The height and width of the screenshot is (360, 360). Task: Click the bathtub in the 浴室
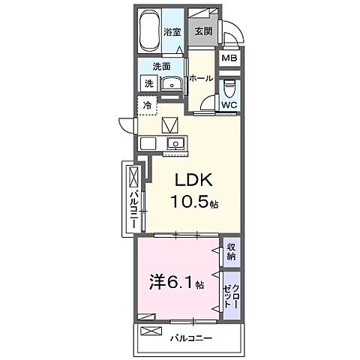[149, 31]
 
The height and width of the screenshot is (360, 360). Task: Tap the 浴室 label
[172, 32]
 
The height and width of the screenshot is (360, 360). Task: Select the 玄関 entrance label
[203, 31]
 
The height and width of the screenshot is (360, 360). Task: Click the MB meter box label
[229, 58]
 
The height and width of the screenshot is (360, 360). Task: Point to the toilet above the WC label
[229, 88]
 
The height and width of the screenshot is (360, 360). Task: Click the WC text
[229, 105]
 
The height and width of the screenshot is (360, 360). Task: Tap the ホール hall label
[201, 79]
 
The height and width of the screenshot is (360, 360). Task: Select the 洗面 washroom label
[161, 67]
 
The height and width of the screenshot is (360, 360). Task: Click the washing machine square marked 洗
[148, 83]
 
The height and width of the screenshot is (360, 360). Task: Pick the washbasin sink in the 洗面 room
[172, 83]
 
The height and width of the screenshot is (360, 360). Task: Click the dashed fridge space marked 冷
[148, 106]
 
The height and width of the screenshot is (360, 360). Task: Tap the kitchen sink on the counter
[175, 143]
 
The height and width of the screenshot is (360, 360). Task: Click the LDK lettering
[193, 180]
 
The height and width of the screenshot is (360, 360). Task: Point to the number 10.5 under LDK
[190, 201]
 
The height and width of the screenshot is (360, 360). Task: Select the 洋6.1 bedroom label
[176, 283]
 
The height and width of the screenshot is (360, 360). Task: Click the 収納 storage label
[231, 252]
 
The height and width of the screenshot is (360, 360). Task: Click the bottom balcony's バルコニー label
[191, 338]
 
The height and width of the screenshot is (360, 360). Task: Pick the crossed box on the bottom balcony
[151, 331]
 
